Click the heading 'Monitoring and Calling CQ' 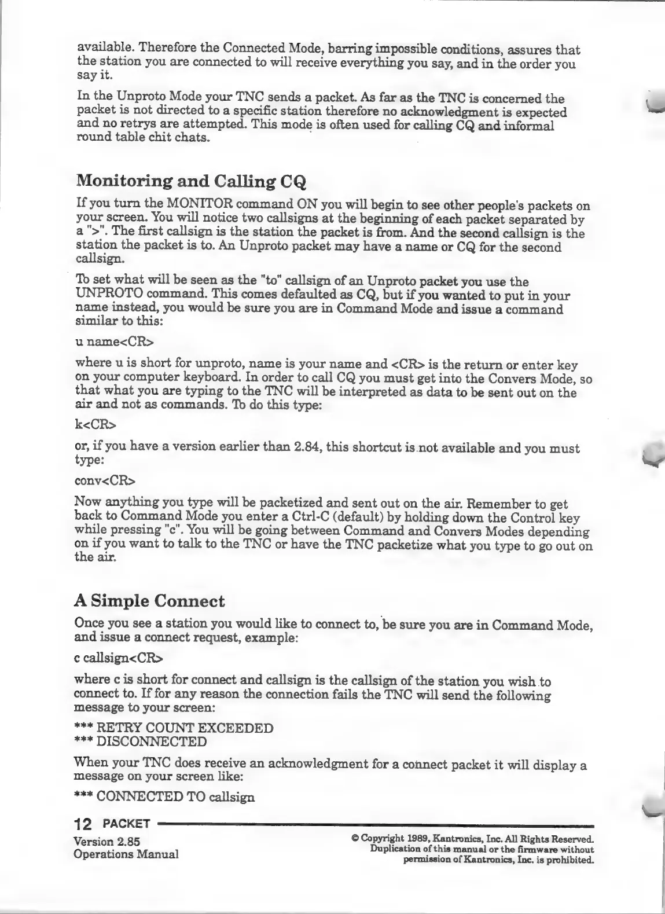(191, 181)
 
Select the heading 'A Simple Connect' (149, 601)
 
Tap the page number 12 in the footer (85, 824)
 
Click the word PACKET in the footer (127, 824)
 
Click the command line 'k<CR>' (95, 425)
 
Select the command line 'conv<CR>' (105, 480)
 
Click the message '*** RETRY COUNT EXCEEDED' (174, 728)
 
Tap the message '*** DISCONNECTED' (140, 742)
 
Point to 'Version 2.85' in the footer (107, 841)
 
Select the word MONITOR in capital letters (200, 204)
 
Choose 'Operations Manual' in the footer (126, 854)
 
